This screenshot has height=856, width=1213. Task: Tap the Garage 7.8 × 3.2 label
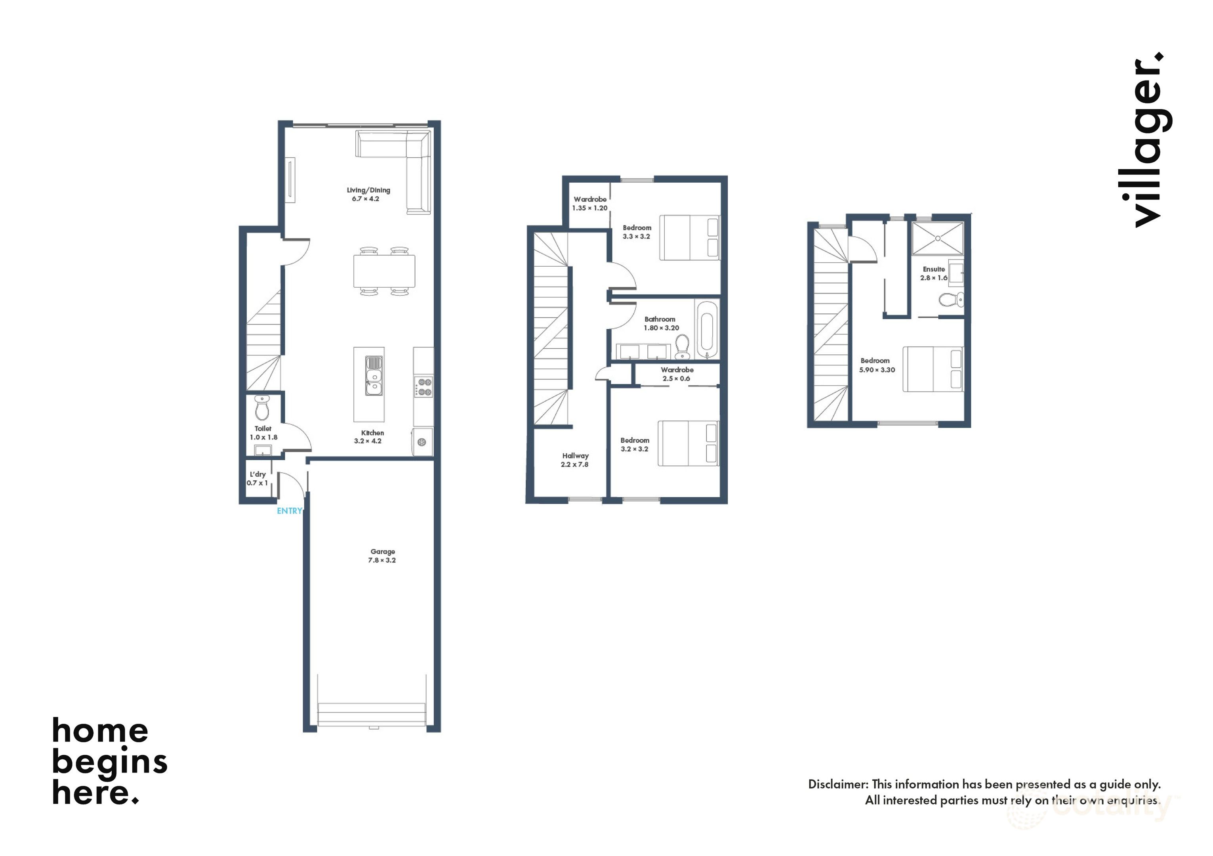point(382,556)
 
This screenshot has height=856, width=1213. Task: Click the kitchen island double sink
point(374,376)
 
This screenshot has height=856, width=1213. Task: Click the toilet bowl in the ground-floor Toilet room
point(262,409)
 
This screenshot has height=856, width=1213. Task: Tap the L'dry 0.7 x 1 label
point(258,479)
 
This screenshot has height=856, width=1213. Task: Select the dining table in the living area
point(384,271)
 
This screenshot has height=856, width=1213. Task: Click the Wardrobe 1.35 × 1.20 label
point(589,203)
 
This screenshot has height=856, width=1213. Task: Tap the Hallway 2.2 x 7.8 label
point(575,460)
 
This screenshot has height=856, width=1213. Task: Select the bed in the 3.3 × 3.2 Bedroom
point(689,237)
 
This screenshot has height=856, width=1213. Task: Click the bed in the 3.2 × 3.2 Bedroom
point(688,443)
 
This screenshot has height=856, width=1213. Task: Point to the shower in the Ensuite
point(937,238)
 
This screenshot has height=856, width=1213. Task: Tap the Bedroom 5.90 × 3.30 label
point(876,365)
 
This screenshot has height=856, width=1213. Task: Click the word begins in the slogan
point(109,762)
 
